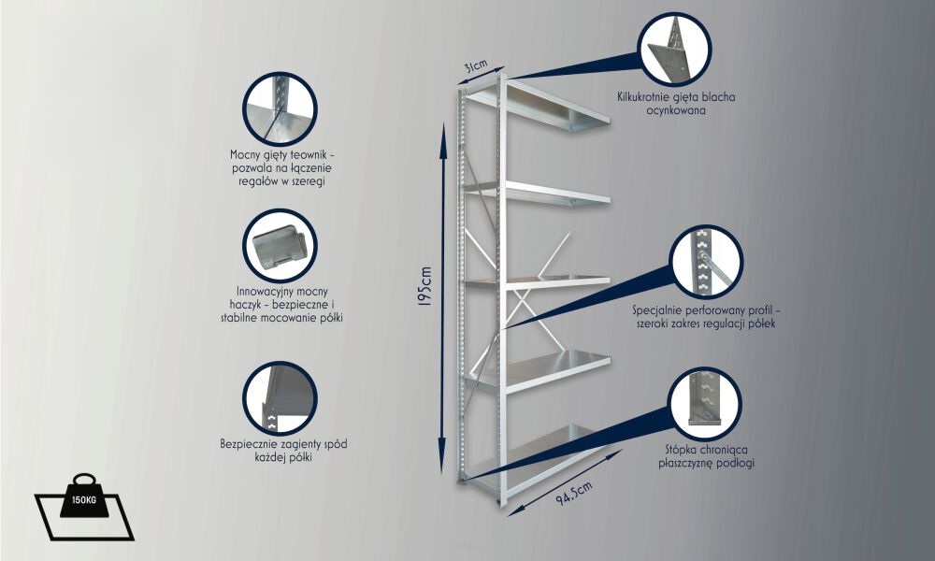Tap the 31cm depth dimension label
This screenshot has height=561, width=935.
477,65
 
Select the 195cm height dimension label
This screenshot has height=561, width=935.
424,287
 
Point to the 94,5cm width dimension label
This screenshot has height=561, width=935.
574,493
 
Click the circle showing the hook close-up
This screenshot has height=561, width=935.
280,246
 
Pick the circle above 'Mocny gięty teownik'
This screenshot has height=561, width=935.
280,109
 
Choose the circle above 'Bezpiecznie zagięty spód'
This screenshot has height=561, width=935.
280,398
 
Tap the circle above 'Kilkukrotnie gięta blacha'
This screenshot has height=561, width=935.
674,50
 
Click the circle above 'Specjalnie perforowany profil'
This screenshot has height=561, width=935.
707,262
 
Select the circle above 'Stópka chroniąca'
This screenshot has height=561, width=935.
705,404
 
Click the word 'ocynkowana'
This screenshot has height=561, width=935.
676,111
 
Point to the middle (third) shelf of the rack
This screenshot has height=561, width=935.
537,281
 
